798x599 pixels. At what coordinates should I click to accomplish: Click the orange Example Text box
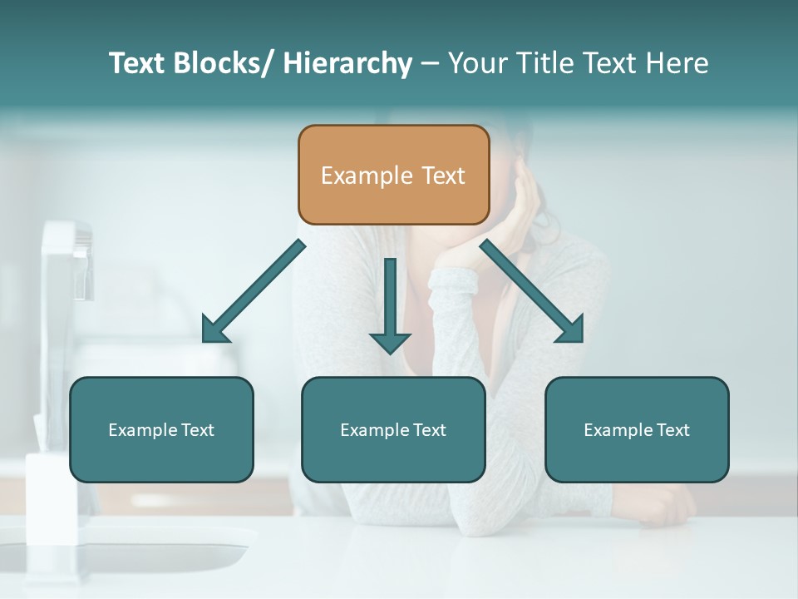click(393, 175)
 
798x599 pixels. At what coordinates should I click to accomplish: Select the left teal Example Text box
click(161, 429)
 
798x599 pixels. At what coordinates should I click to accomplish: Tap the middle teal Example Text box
click(393, 429)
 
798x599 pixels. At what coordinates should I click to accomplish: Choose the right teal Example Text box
click(637, 429)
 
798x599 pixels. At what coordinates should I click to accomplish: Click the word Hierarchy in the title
click(347, 63)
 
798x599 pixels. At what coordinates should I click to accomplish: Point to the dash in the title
click(430, 63)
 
